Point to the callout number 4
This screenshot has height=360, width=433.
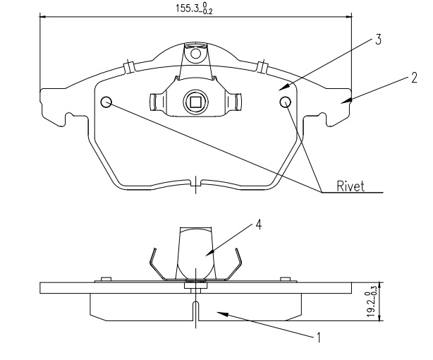[259, 224]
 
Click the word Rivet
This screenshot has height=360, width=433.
[350, 187]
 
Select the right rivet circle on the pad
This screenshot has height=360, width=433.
[286, 103]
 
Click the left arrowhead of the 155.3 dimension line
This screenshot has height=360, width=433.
[42, 18]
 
